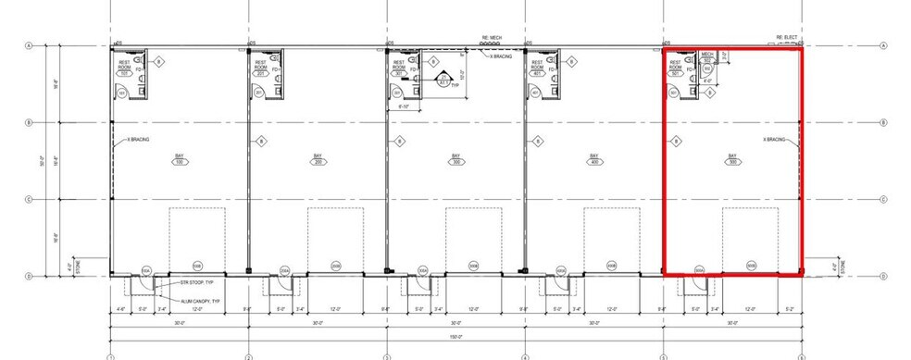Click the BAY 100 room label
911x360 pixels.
click(x=179, y=158)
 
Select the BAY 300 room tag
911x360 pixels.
click(x=455, y=158)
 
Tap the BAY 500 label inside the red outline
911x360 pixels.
click(x=732, y=158)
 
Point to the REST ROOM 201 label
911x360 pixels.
click(x=262, y=67)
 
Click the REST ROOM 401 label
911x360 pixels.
click(x=538, y=67)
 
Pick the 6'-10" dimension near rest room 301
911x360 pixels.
click(x=403, y=106)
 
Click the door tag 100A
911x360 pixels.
click(x=146, y=269)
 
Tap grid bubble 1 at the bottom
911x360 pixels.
click(x=110, y=356)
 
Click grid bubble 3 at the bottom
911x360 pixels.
click(x=387, y=356)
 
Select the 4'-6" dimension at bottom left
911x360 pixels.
click(x=120, y=309)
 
